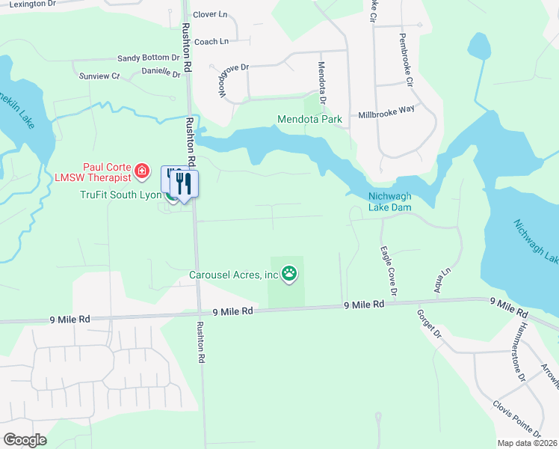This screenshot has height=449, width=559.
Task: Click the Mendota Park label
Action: point(309,119)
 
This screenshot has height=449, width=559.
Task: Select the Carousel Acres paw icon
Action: point(290,275)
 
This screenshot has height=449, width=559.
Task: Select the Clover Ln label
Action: point(210,14)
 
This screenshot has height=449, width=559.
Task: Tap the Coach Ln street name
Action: point(210,41)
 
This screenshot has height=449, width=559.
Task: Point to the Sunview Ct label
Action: point(99,76)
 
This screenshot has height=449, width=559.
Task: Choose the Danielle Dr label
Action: point(161,73)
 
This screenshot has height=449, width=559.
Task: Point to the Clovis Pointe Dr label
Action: point(516,421)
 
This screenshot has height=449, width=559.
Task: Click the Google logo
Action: point(25,440)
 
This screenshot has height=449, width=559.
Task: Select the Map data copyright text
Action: point(526,443)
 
